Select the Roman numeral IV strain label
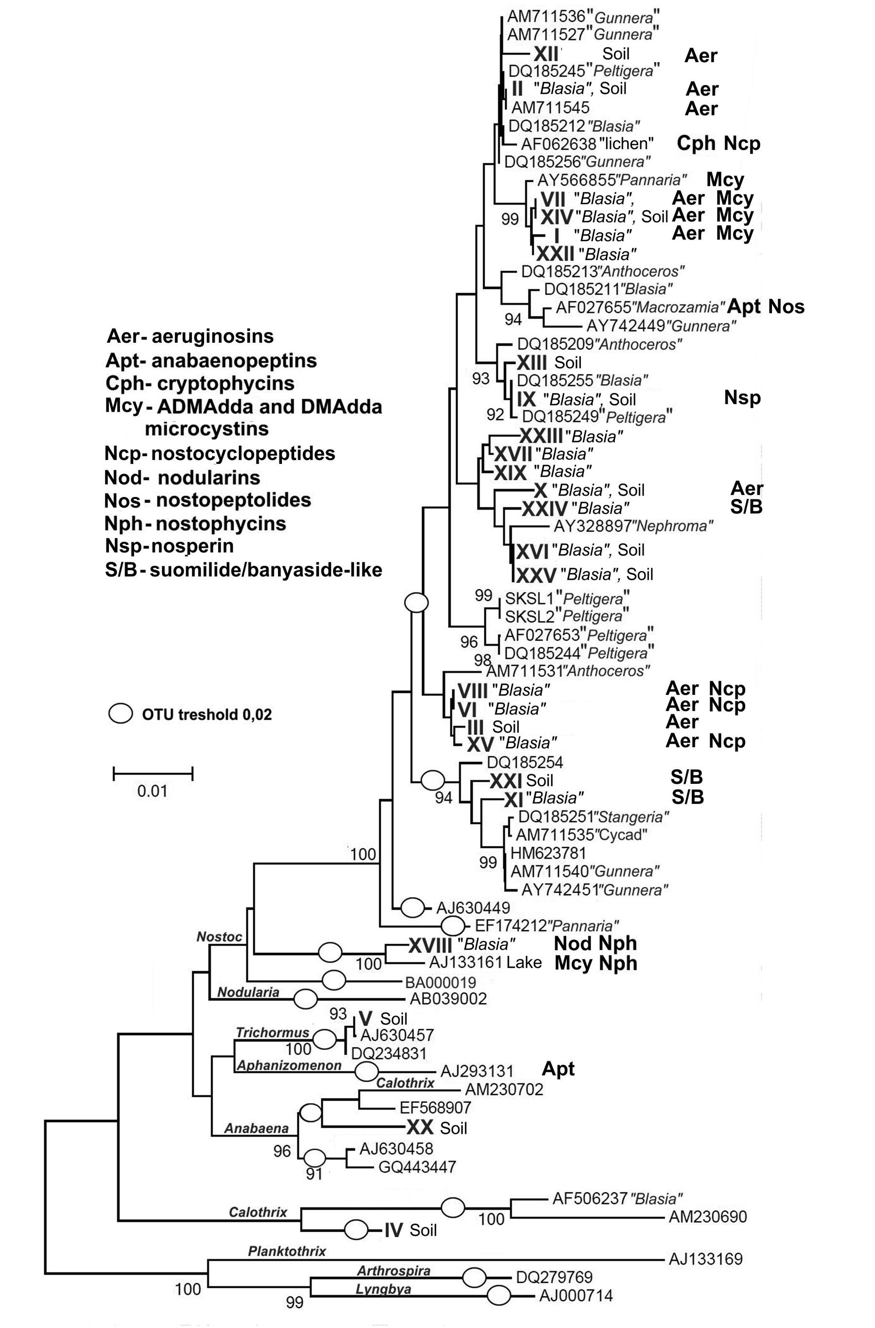(393, 1230)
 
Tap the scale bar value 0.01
(152, 791)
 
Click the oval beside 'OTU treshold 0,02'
(120, 713)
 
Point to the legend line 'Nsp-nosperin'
(169, 546)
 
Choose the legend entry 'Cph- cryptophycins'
(200, 384)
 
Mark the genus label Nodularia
(248, 992)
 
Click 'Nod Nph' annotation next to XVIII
(595, 943)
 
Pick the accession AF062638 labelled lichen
(559, 143)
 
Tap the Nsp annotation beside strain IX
(742, 397)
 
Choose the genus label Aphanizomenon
(289, 1065)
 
